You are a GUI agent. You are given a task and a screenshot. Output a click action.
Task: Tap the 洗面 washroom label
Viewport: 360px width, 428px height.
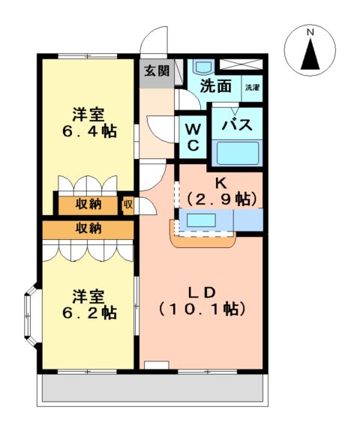pos(215,85)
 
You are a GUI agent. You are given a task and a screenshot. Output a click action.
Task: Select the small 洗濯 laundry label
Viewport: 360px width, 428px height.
pos(252,88)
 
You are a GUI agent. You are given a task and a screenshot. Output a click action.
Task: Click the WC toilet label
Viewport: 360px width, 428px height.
pos(192,136)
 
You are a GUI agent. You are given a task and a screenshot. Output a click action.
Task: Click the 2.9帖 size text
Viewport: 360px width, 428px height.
pos(222,199)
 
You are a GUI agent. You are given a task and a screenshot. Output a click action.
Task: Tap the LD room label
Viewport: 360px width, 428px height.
pos(202,291)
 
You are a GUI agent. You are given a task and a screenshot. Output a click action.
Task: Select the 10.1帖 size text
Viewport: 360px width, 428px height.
pos(202,308)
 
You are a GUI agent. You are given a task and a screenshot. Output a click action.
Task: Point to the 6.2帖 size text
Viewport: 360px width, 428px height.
pos(88,313)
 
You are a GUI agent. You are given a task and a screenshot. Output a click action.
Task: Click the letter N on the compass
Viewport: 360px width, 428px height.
pos(310,32)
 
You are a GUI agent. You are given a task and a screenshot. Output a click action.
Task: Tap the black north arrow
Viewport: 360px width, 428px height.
pos(310,54)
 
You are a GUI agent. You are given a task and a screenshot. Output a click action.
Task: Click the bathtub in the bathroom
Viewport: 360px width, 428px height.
pos(237,153)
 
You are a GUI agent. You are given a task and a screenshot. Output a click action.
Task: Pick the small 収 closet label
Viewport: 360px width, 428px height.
pos(127,204)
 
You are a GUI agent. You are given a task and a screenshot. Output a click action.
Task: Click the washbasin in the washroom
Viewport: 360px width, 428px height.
pos(202,66)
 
